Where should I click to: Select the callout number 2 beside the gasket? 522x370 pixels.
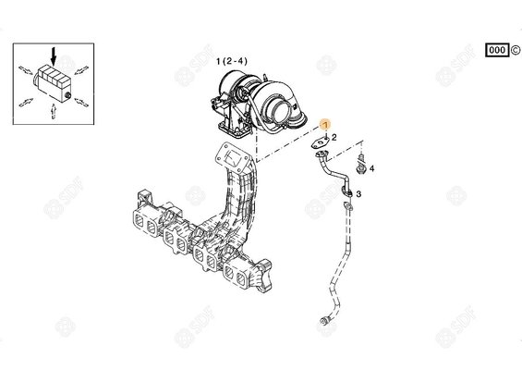334,137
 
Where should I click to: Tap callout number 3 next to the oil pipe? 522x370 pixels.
358,193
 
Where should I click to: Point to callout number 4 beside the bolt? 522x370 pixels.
371,169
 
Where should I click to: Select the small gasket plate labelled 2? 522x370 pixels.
320,142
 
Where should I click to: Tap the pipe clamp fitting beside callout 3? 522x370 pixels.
346,189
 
